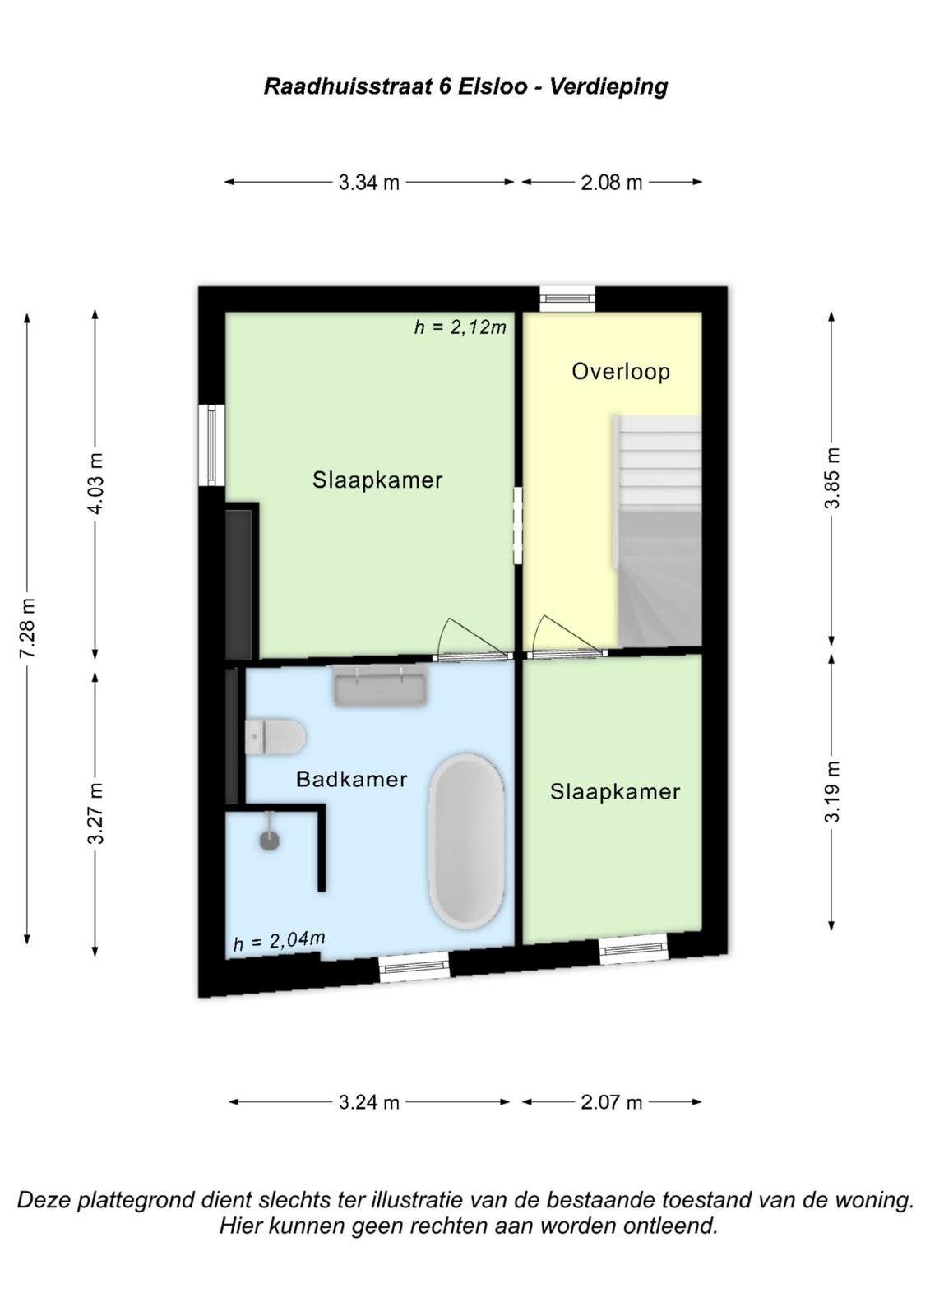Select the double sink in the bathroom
380,684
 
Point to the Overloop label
620,371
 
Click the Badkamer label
351,779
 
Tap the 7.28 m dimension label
27,628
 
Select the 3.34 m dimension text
369,183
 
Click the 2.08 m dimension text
612,183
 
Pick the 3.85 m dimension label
832,478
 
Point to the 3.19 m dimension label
832,791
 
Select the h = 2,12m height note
460,327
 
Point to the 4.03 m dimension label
95,483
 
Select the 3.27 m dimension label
95,813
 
